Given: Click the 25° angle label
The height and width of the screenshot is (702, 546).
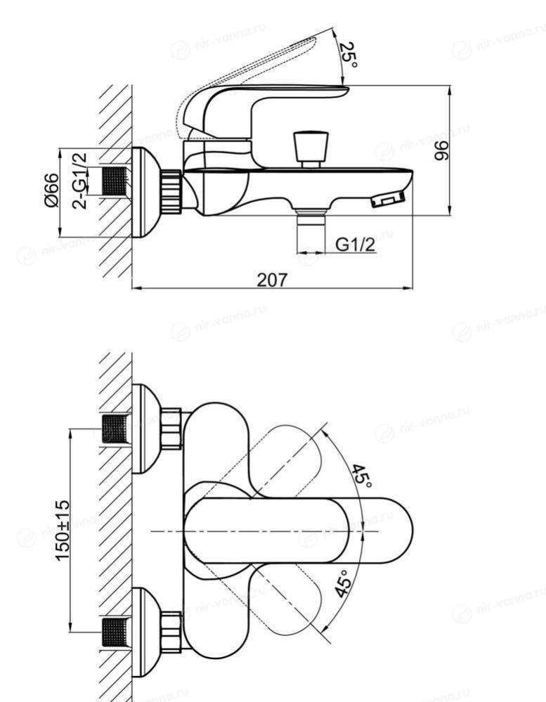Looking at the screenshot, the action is pos(348,55).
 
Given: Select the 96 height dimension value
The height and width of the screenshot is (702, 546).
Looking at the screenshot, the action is pos(441,150).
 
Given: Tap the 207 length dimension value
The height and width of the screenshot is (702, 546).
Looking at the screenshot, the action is pos(272,280).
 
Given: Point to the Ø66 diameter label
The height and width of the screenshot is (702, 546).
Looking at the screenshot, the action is pos(51,190).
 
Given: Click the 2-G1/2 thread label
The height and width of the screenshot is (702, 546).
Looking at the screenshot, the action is pos(79,181).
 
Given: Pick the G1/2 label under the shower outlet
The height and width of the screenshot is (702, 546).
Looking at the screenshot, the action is pos(355,245).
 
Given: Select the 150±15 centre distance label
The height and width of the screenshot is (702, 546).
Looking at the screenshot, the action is pos(63,530).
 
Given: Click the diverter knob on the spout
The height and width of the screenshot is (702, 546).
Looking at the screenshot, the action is pos(311,149).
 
